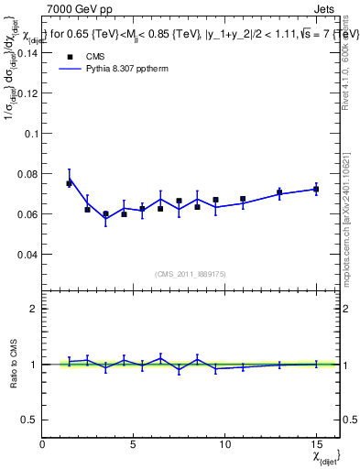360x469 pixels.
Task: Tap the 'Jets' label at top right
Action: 326,9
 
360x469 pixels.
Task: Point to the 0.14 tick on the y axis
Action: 26,53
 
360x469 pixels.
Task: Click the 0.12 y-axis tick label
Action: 26,93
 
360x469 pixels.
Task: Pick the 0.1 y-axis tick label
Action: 29,134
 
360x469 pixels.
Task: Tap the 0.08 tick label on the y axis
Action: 26,174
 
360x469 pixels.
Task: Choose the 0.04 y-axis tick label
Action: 26,254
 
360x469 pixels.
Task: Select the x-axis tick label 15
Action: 316,444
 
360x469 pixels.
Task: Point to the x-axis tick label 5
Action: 133,444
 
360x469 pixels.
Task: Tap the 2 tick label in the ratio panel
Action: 33,309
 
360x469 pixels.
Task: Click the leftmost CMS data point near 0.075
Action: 69,183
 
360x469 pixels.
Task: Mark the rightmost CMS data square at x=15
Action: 316,189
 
